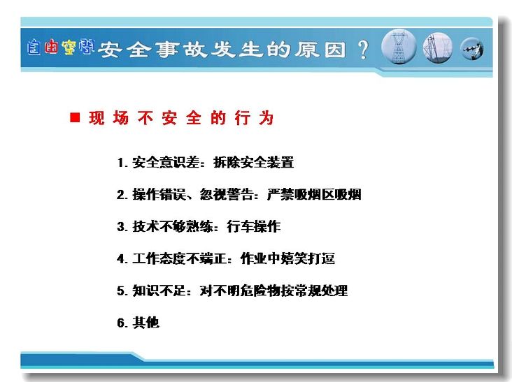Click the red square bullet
(x=75, y=117)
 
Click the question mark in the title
(x=363, y=50)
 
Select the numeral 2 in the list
(x=121, y=195)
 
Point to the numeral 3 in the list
(x=121, y=226)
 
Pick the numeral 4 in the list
(x=121, y=259)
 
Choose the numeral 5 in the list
(x=121, y=291)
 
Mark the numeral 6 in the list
(x=121, y=323)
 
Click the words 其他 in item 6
(x=145, y=323)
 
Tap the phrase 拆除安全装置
(x=253, y=162)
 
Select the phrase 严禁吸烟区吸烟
(x=314, y=194)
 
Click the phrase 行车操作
(x=254, y=226)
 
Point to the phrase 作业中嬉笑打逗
(x=287, y=258)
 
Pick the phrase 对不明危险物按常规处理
(x=273, y=291)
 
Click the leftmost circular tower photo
(x=399, y=47)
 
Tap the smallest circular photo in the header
(x=472, y=49)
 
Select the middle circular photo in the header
(x=438, y=48)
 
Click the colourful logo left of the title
(x=61, y=47)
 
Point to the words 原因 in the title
(x=320, y=50)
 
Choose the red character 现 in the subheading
(x=97, y=117)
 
